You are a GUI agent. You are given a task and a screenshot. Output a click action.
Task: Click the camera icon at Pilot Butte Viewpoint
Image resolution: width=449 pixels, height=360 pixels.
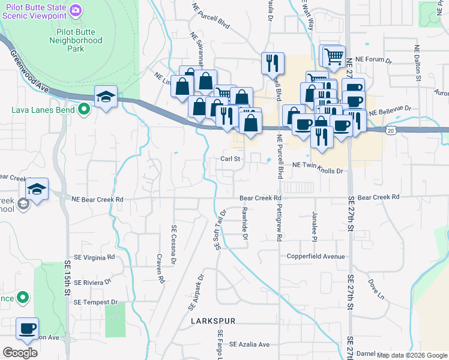tap(76, 10)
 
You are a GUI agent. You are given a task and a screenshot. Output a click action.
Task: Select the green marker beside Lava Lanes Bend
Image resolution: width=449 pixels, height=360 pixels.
tap(84, 109)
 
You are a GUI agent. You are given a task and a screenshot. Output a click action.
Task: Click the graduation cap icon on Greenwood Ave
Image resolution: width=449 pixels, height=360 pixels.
tap(106, 98)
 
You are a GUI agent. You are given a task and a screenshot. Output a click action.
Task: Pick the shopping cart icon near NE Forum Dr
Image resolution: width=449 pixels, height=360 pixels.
tap(334, 57)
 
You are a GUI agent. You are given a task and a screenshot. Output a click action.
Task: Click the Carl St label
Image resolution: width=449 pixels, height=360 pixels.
tap(230, 159)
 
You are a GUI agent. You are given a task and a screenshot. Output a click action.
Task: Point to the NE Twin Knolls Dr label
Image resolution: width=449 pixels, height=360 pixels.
tap(318, 171)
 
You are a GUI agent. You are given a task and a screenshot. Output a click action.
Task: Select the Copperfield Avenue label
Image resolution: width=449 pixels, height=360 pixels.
tap(316, 256)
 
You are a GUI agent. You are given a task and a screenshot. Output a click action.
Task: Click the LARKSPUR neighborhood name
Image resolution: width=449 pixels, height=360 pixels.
tap(213, 322)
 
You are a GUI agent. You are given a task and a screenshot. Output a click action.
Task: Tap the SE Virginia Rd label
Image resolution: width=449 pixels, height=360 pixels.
tap(94, 257)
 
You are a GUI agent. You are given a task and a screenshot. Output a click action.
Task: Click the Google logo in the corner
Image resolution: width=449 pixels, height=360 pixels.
tap(20, 353)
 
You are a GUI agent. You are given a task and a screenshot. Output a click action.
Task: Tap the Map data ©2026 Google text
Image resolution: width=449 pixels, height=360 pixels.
tap(411, 355)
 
